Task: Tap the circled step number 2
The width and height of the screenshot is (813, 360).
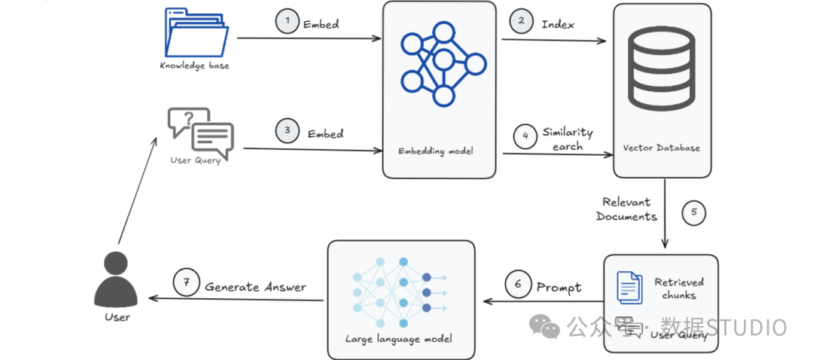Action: coord(521,22)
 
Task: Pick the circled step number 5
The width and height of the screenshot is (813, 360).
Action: coord(694,212)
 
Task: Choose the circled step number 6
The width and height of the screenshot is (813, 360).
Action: coord(516,285)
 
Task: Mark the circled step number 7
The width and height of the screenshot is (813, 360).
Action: coord(185,284)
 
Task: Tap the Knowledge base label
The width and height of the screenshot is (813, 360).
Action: coord(194,66)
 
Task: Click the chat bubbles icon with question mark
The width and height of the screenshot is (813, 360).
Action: coord(200,131)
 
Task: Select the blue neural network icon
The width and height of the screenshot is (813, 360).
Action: coord(441,61)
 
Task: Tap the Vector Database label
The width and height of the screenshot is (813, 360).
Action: coord(662,148)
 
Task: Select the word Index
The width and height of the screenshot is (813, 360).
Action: coord(558,24)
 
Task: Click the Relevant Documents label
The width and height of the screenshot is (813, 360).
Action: coord(626,209)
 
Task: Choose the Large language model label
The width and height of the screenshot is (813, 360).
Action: coord(399,338)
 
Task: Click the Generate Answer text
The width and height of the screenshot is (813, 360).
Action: coord(255,286)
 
